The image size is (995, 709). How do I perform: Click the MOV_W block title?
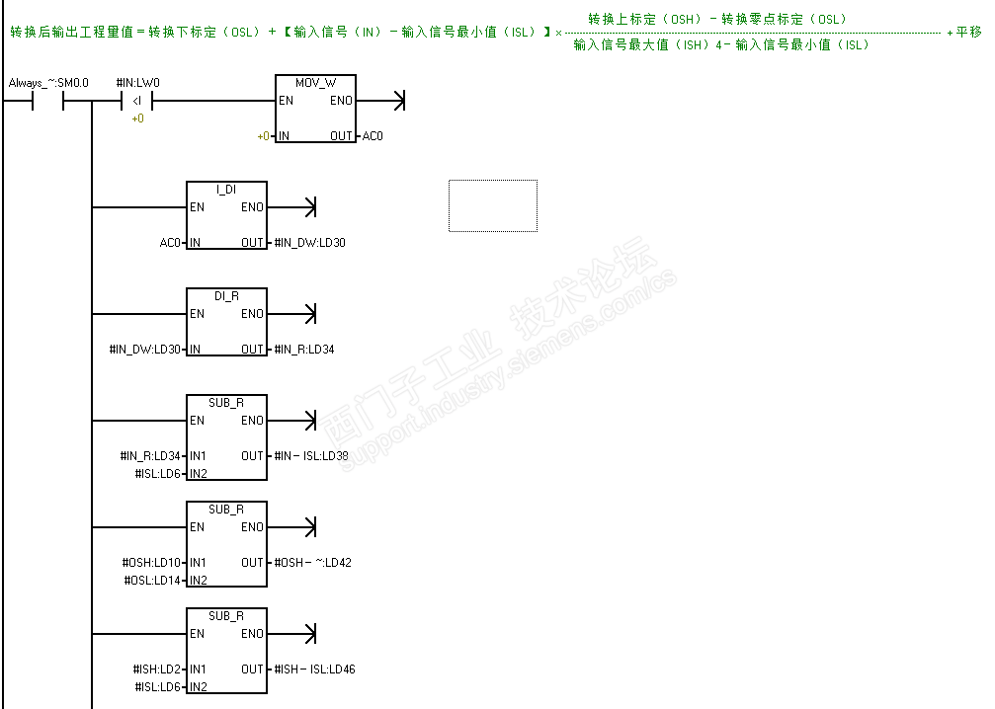tap(315, 83)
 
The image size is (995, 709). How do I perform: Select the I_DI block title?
tap(226, 189)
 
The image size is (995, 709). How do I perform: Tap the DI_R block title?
tap(226, 295)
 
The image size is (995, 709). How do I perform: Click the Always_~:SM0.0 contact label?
tap(48, 83)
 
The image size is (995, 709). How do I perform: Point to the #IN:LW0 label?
tap(137, 83)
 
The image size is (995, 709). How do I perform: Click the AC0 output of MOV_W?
tap(373, 136)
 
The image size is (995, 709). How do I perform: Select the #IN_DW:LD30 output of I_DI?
tap(310, 243)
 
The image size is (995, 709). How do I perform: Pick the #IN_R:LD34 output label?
tap(304, 350)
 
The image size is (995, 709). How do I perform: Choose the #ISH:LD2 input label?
tap(158, 670)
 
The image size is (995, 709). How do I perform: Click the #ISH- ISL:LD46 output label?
tap(314, 670)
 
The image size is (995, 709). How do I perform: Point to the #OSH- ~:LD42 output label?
tap(312, 563)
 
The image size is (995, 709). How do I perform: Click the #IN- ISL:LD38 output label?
tap(311, 456)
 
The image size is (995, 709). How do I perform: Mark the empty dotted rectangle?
tap(493, 205)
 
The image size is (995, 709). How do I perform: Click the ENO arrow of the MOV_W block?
tap(397, 101)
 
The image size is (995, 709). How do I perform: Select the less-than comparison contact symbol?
tap(137, 101)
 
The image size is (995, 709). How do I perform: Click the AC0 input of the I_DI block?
tap(170, 243)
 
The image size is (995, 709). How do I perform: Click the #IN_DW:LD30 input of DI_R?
tap(145, 350)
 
